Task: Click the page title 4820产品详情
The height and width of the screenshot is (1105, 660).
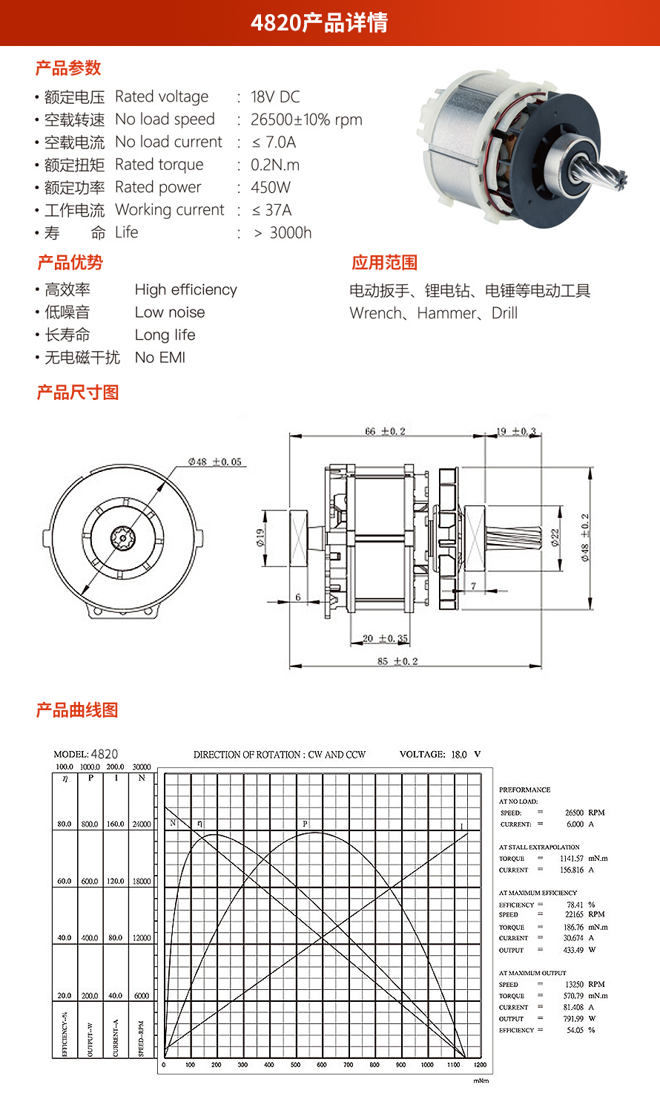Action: click(x=319, y=23)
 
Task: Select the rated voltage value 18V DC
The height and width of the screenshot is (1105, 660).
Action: click(x=275, y=97)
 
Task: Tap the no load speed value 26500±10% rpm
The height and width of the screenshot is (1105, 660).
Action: click(x=306, y=119)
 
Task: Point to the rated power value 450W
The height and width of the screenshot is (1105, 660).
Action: click(x=271, y=188)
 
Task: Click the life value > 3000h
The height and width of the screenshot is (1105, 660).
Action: click(x=283, y=233)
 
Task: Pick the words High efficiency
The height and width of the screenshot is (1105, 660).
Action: click(x=186, y=290)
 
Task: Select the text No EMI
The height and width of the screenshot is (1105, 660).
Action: click(x=160, y=358)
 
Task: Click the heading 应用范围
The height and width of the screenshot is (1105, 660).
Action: click(x=384, y=263)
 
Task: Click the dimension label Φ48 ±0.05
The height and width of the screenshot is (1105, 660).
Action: click(x=215, y=462)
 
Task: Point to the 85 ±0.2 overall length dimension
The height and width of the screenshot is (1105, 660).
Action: click(x=397, y=661)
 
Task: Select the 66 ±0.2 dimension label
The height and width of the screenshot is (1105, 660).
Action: click(x=385, y=431)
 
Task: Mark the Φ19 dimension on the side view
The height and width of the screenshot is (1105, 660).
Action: click(x=261, y=537)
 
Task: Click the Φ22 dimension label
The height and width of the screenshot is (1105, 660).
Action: click(x=555, y=537)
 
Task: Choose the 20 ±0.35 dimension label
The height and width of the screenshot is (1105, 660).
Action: click(x=385, y=638)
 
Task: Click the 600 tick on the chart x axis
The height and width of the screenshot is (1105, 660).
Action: click(x=322, y=1065)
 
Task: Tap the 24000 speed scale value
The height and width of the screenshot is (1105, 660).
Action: click(x=142, y=824)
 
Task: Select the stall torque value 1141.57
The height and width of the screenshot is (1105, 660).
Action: click(x=571, y=859)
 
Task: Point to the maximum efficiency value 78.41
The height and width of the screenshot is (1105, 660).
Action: click(x=575, y=905)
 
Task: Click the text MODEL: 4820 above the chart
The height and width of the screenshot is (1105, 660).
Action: click(x=86, y=754)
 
